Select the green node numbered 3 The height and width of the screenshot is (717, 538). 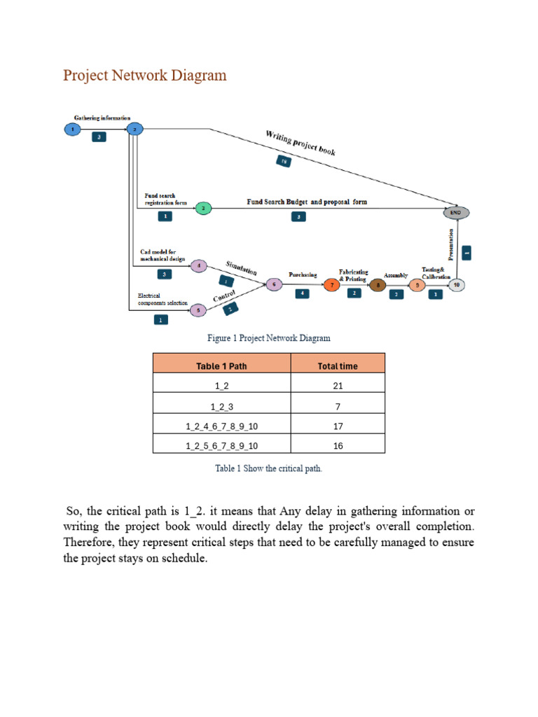(x=202, y=208)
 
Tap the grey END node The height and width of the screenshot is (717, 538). (x=456, y=212)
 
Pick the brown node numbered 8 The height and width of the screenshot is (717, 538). (x=378, y=285)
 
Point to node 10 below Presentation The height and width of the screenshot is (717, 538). (x=456, y=285)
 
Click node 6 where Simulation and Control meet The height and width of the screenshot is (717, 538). (x=273, y=285)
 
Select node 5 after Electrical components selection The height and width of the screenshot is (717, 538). (x=198, y=310)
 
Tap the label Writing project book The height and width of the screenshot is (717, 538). (x=301, y=142)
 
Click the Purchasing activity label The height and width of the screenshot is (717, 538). (x=303, y=274)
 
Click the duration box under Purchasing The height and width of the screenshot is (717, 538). (x=302, y=294)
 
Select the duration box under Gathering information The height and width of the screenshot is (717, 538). (x=99, y=138)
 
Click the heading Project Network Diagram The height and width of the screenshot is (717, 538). (x=145, y=76)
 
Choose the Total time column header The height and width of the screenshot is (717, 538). (x=338, y=366)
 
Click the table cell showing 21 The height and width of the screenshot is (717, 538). (x=338, y=386)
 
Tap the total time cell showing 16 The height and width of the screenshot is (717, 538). (x=338, y=445)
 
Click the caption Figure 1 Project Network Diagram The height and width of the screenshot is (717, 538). (x=269, y=338)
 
